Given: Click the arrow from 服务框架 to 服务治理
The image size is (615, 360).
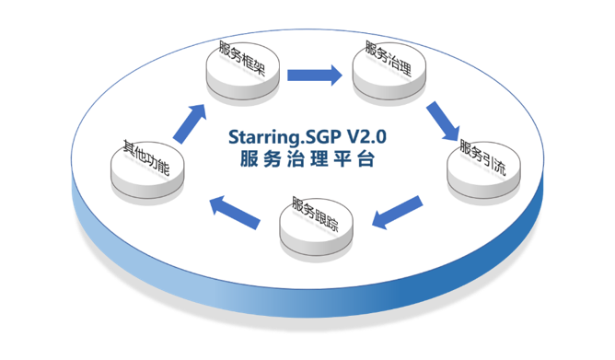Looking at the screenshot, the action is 315,75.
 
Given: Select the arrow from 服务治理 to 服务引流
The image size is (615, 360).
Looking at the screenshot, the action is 443,121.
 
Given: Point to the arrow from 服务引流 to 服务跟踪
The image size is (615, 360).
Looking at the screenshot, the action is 397,212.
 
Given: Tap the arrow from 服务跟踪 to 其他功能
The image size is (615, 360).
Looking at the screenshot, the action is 235,212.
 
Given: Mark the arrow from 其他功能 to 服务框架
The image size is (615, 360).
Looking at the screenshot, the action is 190,123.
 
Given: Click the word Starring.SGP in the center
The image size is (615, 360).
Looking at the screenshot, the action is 285,138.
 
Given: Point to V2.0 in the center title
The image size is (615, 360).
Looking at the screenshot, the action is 367,136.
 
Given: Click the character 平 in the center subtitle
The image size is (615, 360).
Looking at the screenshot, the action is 342,159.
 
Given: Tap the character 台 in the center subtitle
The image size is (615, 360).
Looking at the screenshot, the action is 366,159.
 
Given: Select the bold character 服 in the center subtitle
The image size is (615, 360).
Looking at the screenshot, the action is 249,159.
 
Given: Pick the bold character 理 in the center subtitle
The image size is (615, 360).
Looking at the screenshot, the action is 319,159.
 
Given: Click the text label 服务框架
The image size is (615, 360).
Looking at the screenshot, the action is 242,58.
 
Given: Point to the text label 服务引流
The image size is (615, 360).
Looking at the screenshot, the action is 483,157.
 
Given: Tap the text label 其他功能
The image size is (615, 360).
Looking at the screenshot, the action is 146,157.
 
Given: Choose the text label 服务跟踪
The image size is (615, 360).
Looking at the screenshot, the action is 315,214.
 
